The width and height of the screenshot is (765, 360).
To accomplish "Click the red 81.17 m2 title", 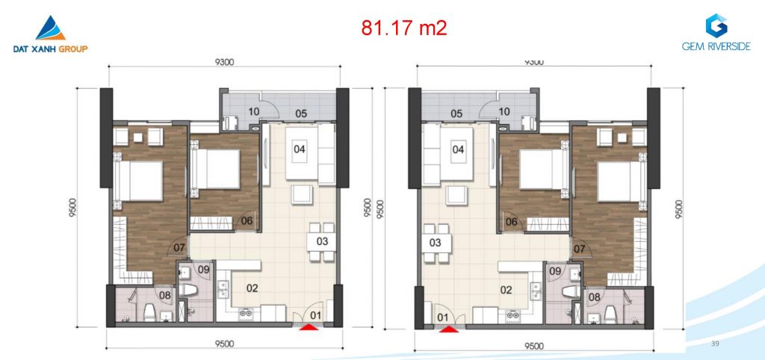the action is pos(404,28).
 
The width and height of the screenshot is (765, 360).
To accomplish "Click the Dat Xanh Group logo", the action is pos(51,34).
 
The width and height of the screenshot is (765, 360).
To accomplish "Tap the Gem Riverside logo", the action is pos(716,32).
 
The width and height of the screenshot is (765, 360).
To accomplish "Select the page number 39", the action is pos(715,344).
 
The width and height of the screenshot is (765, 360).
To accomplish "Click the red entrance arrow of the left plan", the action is pos(309,328).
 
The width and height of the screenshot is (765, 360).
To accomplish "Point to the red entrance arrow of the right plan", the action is pos(449,329).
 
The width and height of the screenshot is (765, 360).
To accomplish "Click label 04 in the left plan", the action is pos(300,149).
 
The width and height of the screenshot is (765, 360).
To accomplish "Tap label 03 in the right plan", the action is pos(435,243).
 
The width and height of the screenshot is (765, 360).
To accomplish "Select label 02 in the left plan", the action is pos(252,288).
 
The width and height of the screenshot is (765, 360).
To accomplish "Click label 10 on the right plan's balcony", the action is pos(504,112).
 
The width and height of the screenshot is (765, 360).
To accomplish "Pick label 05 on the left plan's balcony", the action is pos(301,114).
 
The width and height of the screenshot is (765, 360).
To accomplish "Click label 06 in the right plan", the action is pos(511,222).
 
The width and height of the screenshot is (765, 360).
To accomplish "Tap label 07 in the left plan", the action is pos(179,247).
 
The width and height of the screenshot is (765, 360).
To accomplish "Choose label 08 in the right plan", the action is pos(594,297).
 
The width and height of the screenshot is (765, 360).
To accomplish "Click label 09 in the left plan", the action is pos(203,268).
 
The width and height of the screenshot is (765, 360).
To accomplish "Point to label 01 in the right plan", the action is pos(442,317).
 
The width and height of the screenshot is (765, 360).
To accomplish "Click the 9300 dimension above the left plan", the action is pos(224,62).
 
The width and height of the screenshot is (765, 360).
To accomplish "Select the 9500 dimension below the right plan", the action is pos(533,346).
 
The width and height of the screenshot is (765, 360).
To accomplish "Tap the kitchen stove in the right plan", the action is pos(512,314).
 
